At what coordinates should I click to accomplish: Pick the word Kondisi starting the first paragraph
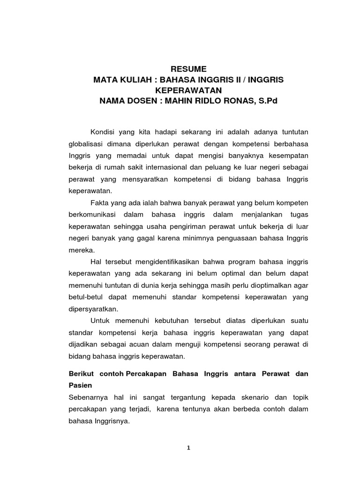tap(102, 131)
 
